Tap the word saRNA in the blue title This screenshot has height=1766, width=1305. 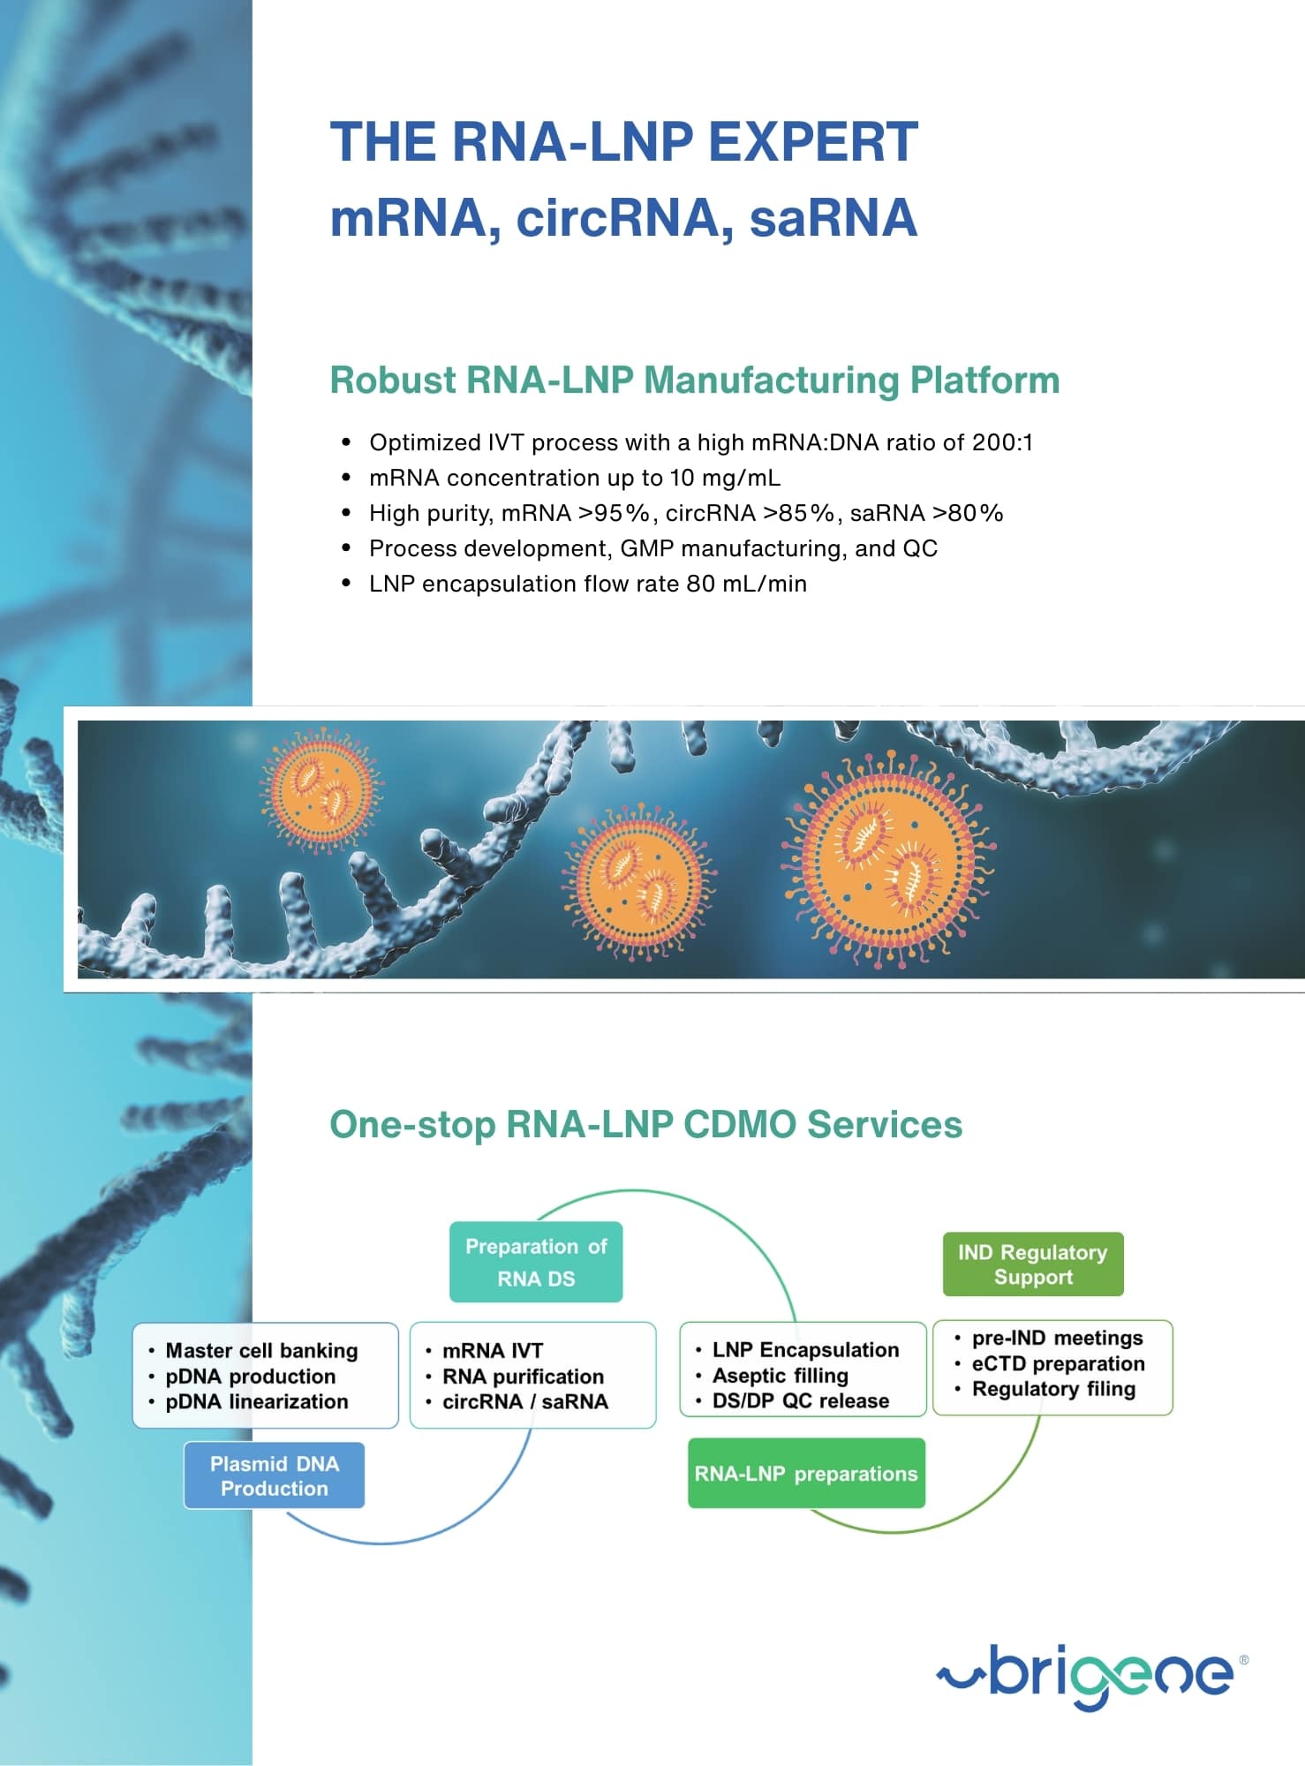coord(833,218)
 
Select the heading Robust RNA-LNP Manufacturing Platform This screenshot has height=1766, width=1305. coord(694,381)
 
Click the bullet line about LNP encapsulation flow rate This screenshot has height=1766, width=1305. coord(587,584)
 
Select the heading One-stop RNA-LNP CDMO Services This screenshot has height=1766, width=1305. coord(645,1125)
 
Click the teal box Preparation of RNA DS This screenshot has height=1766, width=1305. coord(536,1262)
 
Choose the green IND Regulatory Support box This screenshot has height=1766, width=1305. coord(1032,1264)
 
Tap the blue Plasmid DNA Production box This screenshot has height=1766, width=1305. coord(274,1475)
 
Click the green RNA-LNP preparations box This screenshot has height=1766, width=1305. coord(806,1474)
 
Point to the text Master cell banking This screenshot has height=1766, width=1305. coord(261,1350)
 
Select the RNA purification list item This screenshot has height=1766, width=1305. coord(523,1377)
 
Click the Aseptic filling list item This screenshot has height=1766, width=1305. coord(780,1376)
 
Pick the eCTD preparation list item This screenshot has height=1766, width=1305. coord(1058,1363)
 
